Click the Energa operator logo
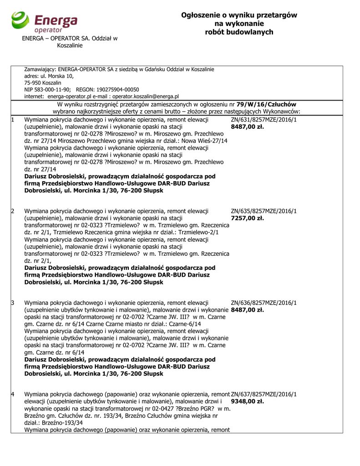(45, 22)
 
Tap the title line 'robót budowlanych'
(239, 32)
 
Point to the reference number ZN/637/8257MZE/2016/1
(264, 394)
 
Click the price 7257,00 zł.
(248, 218)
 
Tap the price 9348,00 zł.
(248, 401)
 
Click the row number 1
(13, 120)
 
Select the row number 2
(13, 211)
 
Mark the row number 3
(13, 303)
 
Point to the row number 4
(13, 394)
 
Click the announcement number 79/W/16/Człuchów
(266, 104)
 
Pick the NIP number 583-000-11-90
(52, 90)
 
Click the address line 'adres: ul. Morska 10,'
(49, 76)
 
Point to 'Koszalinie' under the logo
(70, 46)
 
